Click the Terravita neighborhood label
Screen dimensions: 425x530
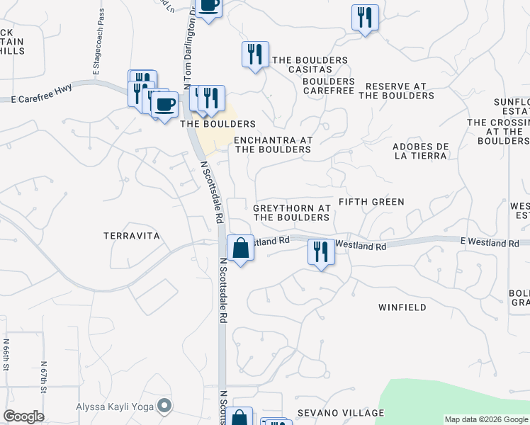[x=132, y=235]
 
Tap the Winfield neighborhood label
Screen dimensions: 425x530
[x=402, y=307]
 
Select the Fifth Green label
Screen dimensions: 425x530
[x=371, y=202]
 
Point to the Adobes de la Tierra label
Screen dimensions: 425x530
[x=421, y=152]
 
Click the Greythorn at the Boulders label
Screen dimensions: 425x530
[x=292, y=212]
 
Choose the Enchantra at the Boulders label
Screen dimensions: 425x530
[x=273, y=144]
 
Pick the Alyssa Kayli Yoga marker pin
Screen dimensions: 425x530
[x=165, y=406]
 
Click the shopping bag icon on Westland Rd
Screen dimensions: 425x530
[x=240, y=248]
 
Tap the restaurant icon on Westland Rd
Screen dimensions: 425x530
[x=321, y=252]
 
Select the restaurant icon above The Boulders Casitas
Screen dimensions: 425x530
[x=255, y=54]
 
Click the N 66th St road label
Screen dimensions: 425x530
[x=6, y=354]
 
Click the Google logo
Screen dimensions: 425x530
[x=23, y=416]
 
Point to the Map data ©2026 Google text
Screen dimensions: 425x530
[x=487, y=419]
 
